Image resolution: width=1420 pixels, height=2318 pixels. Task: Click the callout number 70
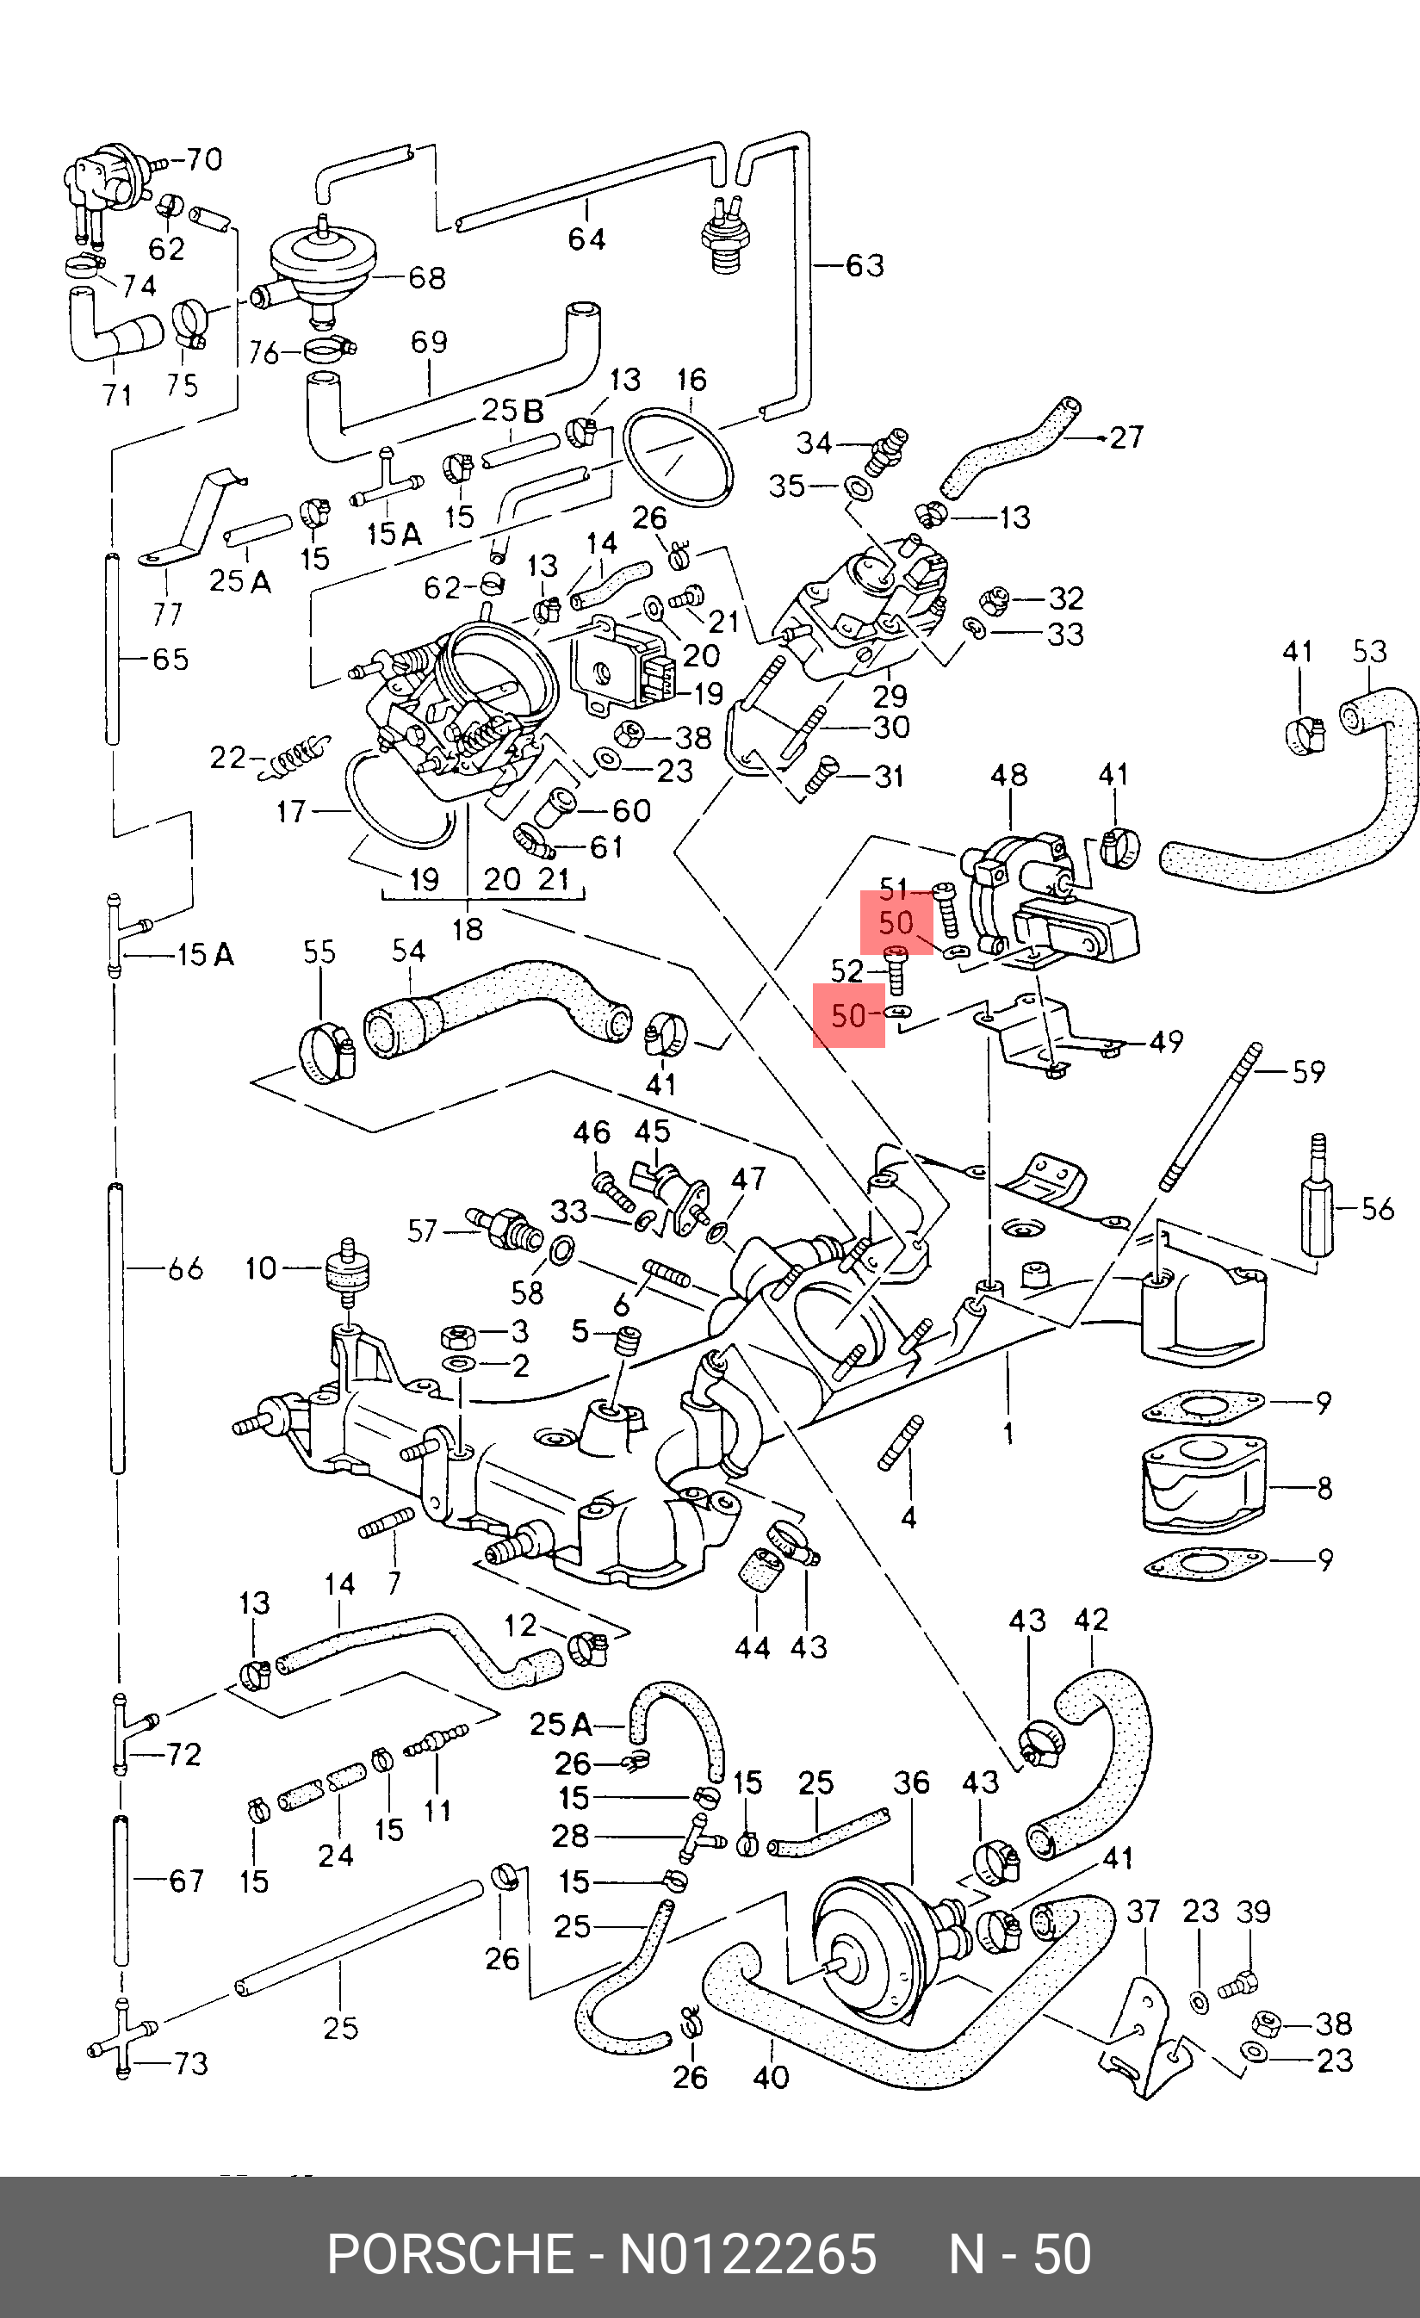point(202,160)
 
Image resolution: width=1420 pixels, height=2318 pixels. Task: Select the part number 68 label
point(425,278)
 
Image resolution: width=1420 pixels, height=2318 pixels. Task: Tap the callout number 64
point(586,239)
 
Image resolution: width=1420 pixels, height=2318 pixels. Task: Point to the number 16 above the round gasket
point(691,380)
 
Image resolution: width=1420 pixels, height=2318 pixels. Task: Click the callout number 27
point(1125,437)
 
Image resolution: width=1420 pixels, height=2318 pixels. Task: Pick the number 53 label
point(1369,652)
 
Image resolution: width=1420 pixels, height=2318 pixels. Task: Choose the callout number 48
point(1008,775)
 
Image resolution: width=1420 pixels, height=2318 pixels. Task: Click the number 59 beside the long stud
point(1308,1071)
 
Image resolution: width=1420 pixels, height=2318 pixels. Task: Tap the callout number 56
point(1377,1209)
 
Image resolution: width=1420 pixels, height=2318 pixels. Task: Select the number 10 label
point(261,1268)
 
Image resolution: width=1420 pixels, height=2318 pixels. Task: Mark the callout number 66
point(185,1269)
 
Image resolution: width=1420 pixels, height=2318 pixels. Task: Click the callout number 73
point(191,2064)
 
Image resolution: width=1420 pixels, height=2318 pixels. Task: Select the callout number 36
point(911,1782)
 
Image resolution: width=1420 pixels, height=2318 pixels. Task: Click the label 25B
point(513,411)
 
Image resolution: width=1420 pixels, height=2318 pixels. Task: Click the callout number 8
point(1324,1488)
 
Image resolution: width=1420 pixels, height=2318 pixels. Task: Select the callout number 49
point(1166,1041)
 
